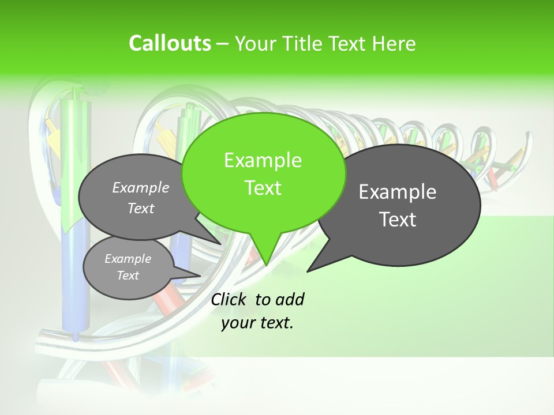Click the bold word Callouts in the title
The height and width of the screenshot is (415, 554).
pyautogui.click(x=170, y=43)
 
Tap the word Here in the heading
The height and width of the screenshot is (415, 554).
pyautogui.click(x=393, y=43)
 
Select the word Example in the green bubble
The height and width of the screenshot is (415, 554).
pyautogui.click(x=263, y=160)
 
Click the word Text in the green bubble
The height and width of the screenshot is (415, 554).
pyautogui.click(x=263, y=188)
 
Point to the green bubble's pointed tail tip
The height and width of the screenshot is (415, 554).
pyautogui.click(x=266, y=265)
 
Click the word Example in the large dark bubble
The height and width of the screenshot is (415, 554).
pyautogui.click(x=398, y=192)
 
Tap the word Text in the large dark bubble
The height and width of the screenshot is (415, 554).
pyautogui.click(x=398, y=220)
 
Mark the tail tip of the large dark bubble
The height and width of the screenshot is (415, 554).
pyautogui.click(x=308, y=271)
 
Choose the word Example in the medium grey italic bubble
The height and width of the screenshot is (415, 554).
pyautogui.click(x=141, y=187)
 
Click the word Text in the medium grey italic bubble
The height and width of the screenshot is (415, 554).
pyautogui.click(x=141, y=208)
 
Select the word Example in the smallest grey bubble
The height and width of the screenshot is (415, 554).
pyautogui.click(x=128, y=259)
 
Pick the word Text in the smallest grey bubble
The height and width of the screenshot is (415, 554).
pyautogui.click(x=128, y=276)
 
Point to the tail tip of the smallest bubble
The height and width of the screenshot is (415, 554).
pyautogui.click(x=201, y=274)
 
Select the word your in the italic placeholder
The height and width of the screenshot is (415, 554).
pyautogui.click(x=237, y=323)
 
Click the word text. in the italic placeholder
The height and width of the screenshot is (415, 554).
pyautogui.click(x=275, y=323)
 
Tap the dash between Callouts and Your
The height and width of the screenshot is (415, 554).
pyautogui.click(x=223, y=44)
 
